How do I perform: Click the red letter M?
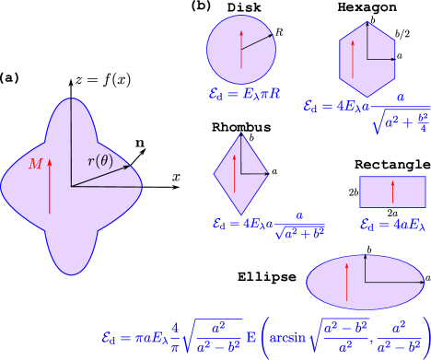tap(35, 164)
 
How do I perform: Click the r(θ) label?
tap(100, 161)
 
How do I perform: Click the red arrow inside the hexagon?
tap(350, 63)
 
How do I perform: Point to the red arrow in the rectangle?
tap(393, 192)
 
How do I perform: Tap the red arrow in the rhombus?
tap(228, 175)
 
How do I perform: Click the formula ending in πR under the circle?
tap(245, 93)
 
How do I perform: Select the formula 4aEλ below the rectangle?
tap(392, 224)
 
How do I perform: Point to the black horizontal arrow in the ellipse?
tap(388, 281)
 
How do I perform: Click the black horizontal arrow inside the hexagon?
tap(381, 61)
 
